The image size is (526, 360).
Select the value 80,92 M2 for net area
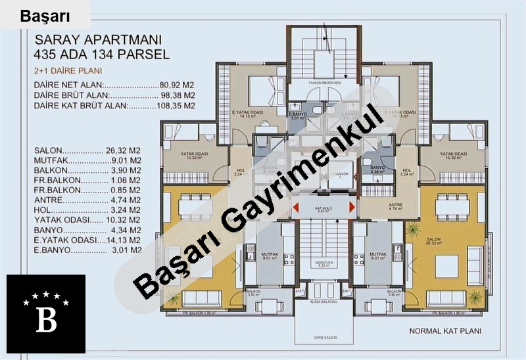[177, 85]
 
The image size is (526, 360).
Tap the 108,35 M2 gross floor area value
[176, 104]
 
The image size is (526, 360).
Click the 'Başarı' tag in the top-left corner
[45, 16]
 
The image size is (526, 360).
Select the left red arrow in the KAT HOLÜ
[297, 208]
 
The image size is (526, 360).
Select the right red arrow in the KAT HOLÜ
[353, 208]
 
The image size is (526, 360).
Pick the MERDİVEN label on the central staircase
[324, 262]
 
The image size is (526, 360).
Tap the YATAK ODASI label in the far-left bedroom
[194, 154]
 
